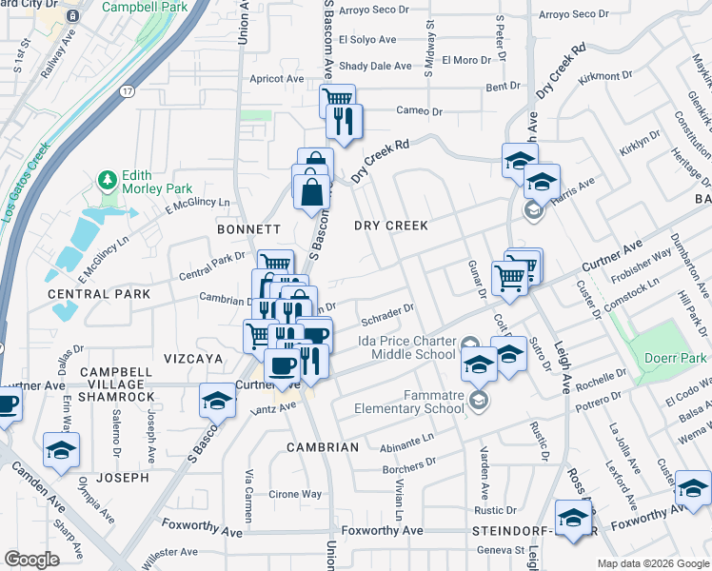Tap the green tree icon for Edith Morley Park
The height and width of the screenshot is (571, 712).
click(x=106, y=179)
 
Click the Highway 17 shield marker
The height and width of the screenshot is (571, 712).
click(x=127, y=91)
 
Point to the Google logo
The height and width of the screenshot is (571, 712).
click(x=32, y=560)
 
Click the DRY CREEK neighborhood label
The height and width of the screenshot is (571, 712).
click(x=390, y=226)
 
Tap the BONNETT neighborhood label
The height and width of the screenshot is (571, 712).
click(x=248, y=229)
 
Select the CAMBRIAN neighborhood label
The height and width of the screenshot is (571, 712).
click(x=325, y=446)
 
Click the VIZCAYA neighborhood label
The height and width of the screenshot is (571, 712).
click(x=191, y=359)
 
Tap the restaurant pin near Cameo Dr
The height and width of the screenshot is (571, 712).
click(x=342, y=120)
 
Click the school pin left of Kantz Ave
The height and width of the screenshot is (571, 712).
click(x=218, y=402)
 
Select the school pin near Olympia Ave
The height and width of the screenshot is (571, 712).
click(x=62, y=449)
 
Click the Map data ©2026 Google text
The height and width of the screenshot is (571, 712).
click(x=652, y=562)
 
